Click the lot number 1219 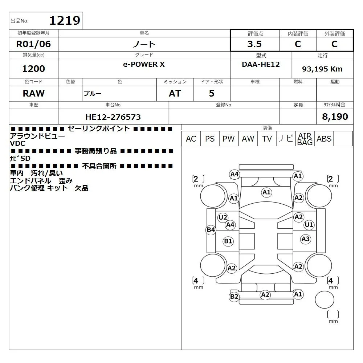65,20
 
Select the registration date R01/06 33,44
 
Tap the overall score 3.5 254,44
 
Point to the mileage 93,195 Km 322,69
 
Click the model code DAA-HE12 261,64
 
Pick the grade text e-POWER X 144,64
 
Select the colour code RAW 33,93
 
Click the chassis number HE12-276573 113,117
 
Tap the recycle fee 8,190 335,117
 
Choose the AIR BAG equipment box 305,139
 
